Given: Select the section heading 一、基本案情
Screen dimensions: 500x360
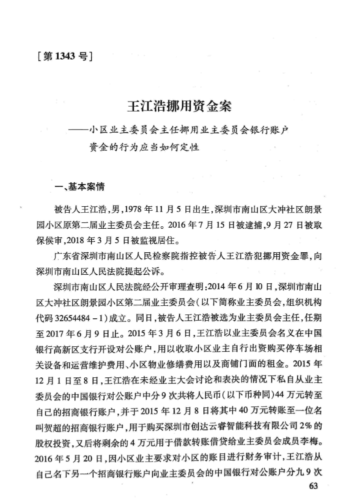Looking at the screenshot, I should [x=79, y=188].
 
